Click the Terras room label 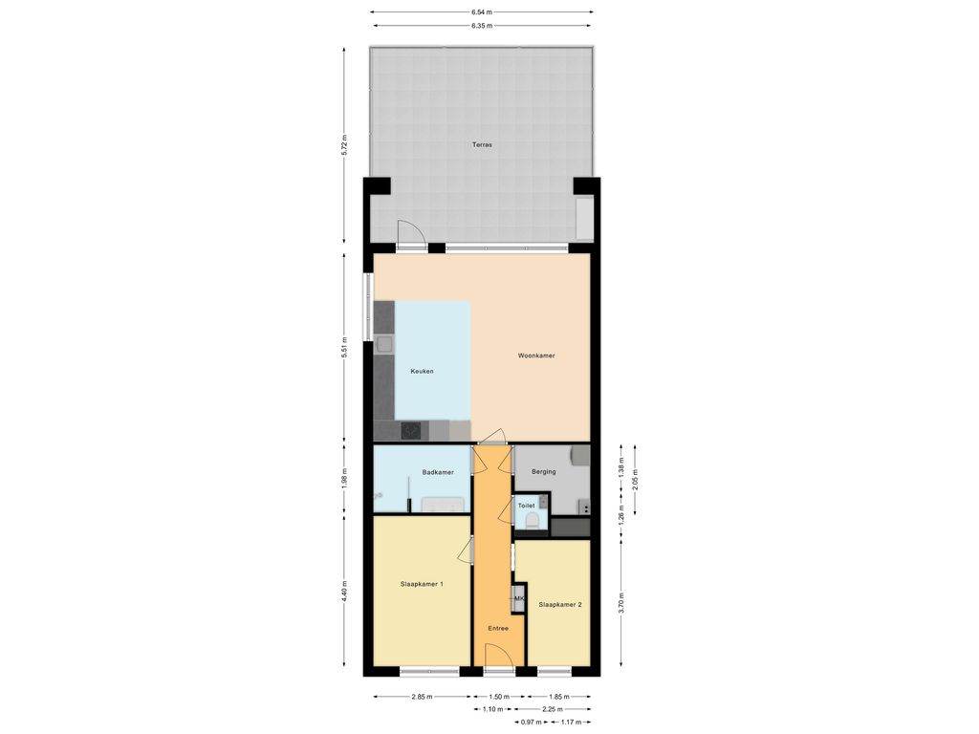[482, 145]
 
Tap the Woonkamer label [536, 356]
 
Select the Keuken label [422, 372]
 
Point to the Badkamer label [438, 472]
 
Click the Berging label [543, 472]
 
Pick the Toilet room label [526, 506]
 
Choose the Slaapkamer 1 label [422, 585]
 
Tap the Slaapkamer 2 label [560, 605]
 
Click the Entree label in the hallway [498, 629]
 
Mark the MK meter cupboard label [518, 599]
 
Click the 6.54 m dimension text [481, 11]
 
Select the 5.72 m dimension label [344, 146]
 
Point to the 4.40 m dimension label [344, 591]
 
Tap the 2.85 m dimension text [422, 697]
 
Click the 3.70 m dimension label [621, 602]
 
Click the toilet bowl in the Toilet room [533, 522]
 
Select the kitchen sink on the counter [384, 344]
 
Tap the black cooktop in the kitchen [411, 431]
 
